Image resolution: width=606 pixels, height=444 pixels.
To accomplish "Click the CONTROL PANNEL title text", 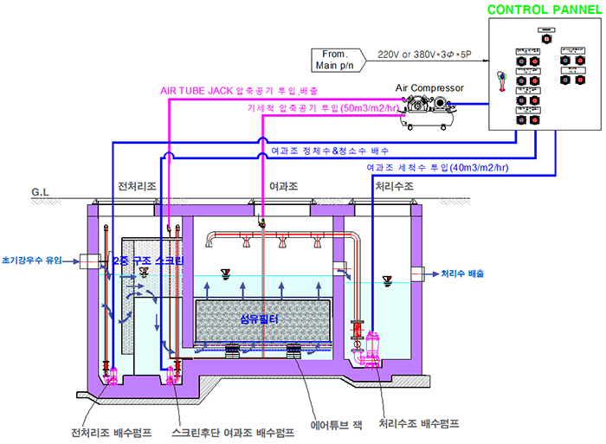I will [x=542, y=10].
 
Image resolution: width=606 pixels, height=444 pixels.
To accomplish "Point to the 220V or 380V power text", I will [x=425, y=54].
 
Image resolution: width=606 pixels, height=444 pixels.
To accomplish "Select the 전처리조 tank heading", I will [x=136, y=186].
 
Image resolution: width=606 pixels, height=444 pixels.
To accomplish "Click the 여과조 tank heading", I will [x=284, y=186].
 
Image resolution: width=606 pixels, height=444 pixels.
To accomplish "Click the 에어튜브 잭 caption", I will [x=332, y=426].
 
